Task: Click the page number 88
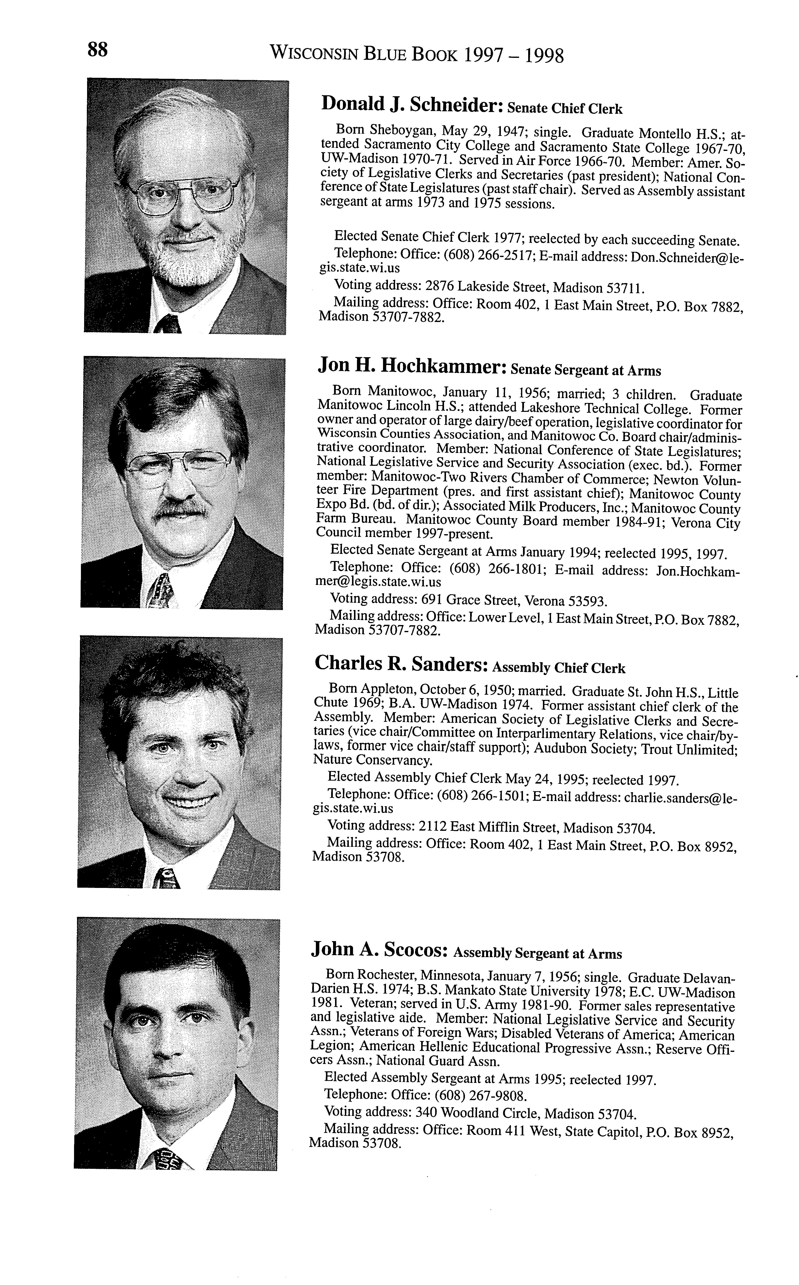pyautogui.click(x=98, y=50)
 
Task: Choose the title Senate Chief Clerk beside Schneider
pyautogui.click(x=565, y=108)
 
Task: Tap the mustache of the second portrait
pyautogui.click(x=182, y=508)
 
